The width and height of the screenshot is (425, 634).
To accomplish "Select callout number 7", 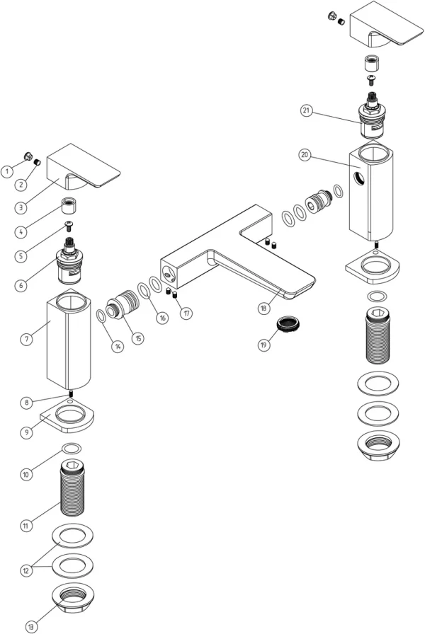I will [26, 340].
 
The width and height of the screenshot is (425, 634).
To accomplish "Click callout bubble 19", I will [263, 345].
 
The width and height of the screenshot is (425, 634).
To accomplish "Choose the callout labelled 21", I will [306, 110].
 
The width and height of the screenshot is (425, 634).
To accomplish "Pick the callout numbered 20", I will [305, 156].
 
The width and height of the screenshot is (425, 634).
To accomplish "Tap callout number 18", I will [263, 308].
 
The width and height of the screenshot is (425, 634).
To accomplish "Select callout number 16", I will [163, 318].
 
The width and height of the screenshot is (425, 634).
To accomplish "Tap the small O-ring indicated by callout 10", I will [71, 448].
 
